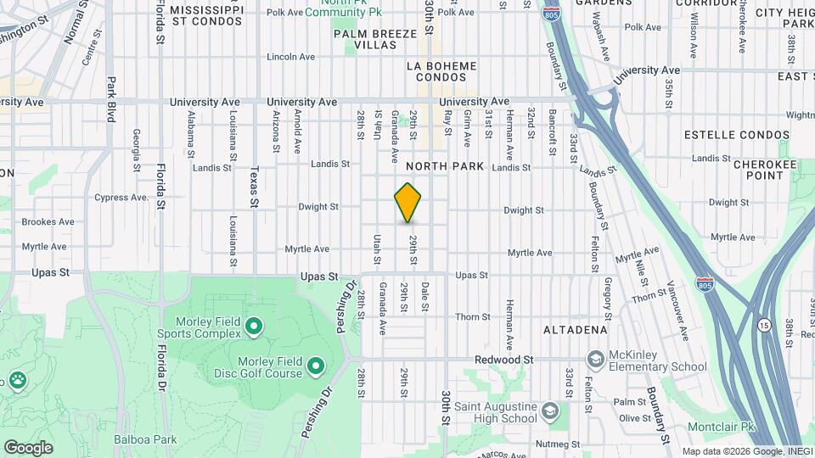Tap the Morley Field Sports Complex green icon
[x=253, y=326]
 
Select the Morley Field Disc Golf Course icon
[x=316, y=366]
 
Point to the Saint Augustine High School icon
[x=550, y=412]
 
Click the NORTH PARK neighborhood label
[x=445, y=166]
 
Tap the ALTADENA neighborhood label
[x=575, y=329]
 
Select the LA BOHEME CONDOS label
[x=442, y=71]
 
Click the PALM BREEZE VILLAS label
[x=375, y=39]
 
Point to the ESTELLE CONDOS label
[x=722, y=134]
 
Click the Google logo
[x=28, y=447]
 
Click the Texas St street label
[x=253, y=186]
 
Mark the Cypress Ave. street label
[x=121, y=198]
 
